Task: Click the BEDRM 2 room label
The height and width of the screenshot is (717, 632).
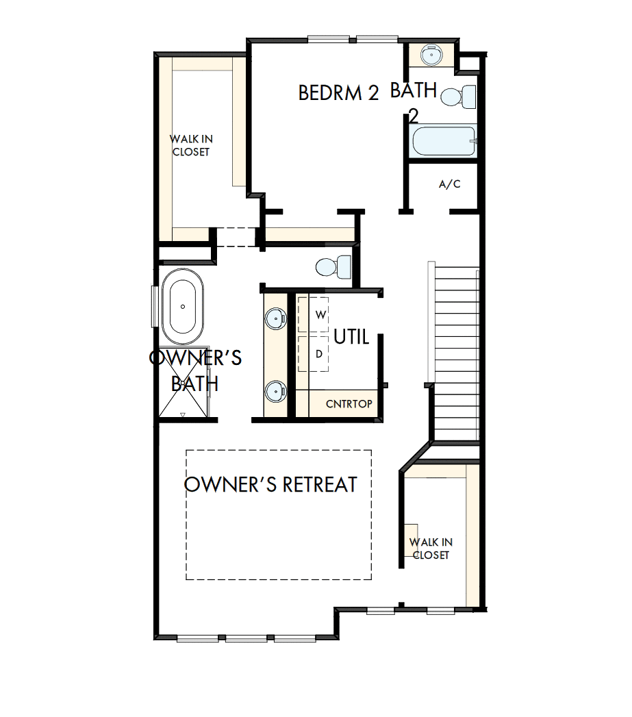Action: [338, 93]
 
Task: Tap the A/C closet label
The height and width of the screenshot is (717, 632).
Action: [449, 185]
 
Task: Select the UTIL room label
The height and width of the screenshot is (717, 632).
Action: [351, 337]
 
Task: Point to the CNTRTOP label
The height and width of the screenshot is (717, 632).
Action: [349, 404]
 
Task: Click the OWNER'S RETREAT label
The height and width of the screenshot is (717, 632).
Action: [271, 485]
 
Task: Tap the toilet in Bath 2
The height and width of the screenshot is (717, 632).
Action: [459, 96]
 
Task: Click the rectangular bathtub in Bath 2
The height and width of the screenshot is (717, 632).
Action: [443, 142]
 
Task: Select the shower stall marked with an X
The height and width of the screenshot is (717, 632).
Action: [183, 395]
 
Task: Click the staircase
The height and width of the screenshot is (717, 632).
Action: [455, 353]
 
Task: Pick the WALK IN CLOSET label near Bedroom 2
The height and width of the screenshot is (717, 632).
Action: [190, 146]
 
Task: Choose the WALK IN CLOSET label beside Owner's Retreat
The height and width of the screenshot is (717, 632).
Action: [431, 549]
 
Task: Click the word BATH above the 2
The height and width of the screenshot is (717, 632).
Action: [413, 90]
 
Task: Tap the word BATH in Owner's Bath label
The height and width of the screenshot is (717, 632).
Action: [194, 383]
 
